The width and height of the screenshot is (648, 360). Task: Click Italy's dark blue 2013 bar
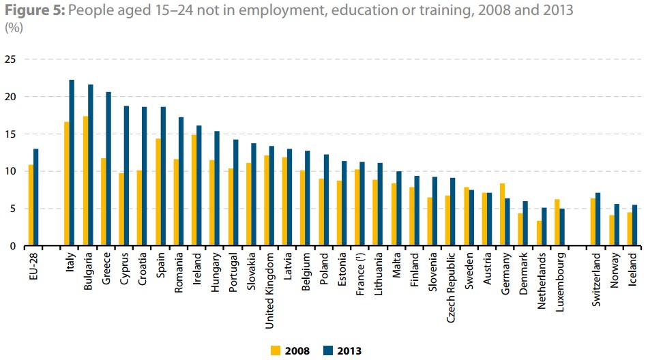(72, 163)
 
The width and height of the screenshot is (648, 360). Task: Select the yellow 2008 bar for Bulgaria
(85, 181)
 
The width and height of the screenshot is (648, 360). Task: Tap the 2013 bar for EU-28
(35, 197)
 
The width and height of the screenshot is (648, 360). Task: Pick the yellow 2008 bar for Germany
(503, 214)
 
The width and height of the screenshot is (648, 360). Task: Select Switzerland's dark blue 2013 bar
(599, 219)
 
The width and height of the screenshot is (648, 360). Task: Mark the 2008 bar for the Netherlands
(539, 233)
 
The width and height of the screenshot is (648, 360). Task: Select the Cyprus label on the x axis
(123, 267)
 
